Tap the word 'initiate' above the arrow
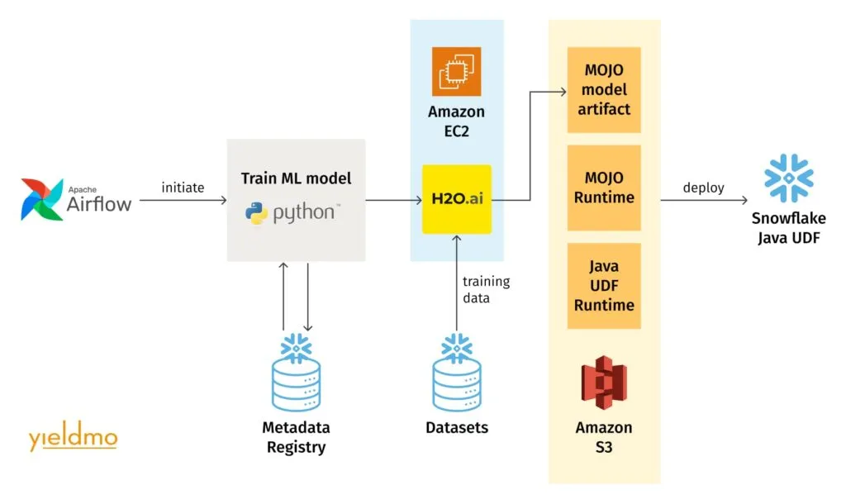(183, 188)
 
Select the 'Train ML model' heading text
(296, 178)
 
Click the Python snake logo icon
(257, 213)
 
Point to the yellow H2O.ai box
(457, 199)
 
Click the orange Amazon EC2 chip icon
(456, 72)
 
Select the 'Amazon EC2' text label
(456, 121)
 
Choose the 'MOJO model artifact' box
(604, 90)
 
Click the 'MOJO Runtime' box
(604, 188)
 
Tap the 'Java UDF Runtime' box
(604, 286)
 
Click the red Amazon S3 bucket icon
(604, 382)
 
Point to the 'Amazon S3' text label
(604, 438)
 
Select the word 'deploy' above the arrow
(703, 188)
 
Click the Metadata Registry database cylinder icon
(295, 376)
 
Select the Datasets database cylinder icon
(457, 376)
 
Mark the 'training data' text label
(486, 289)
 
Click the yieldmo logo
(73, 438)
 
